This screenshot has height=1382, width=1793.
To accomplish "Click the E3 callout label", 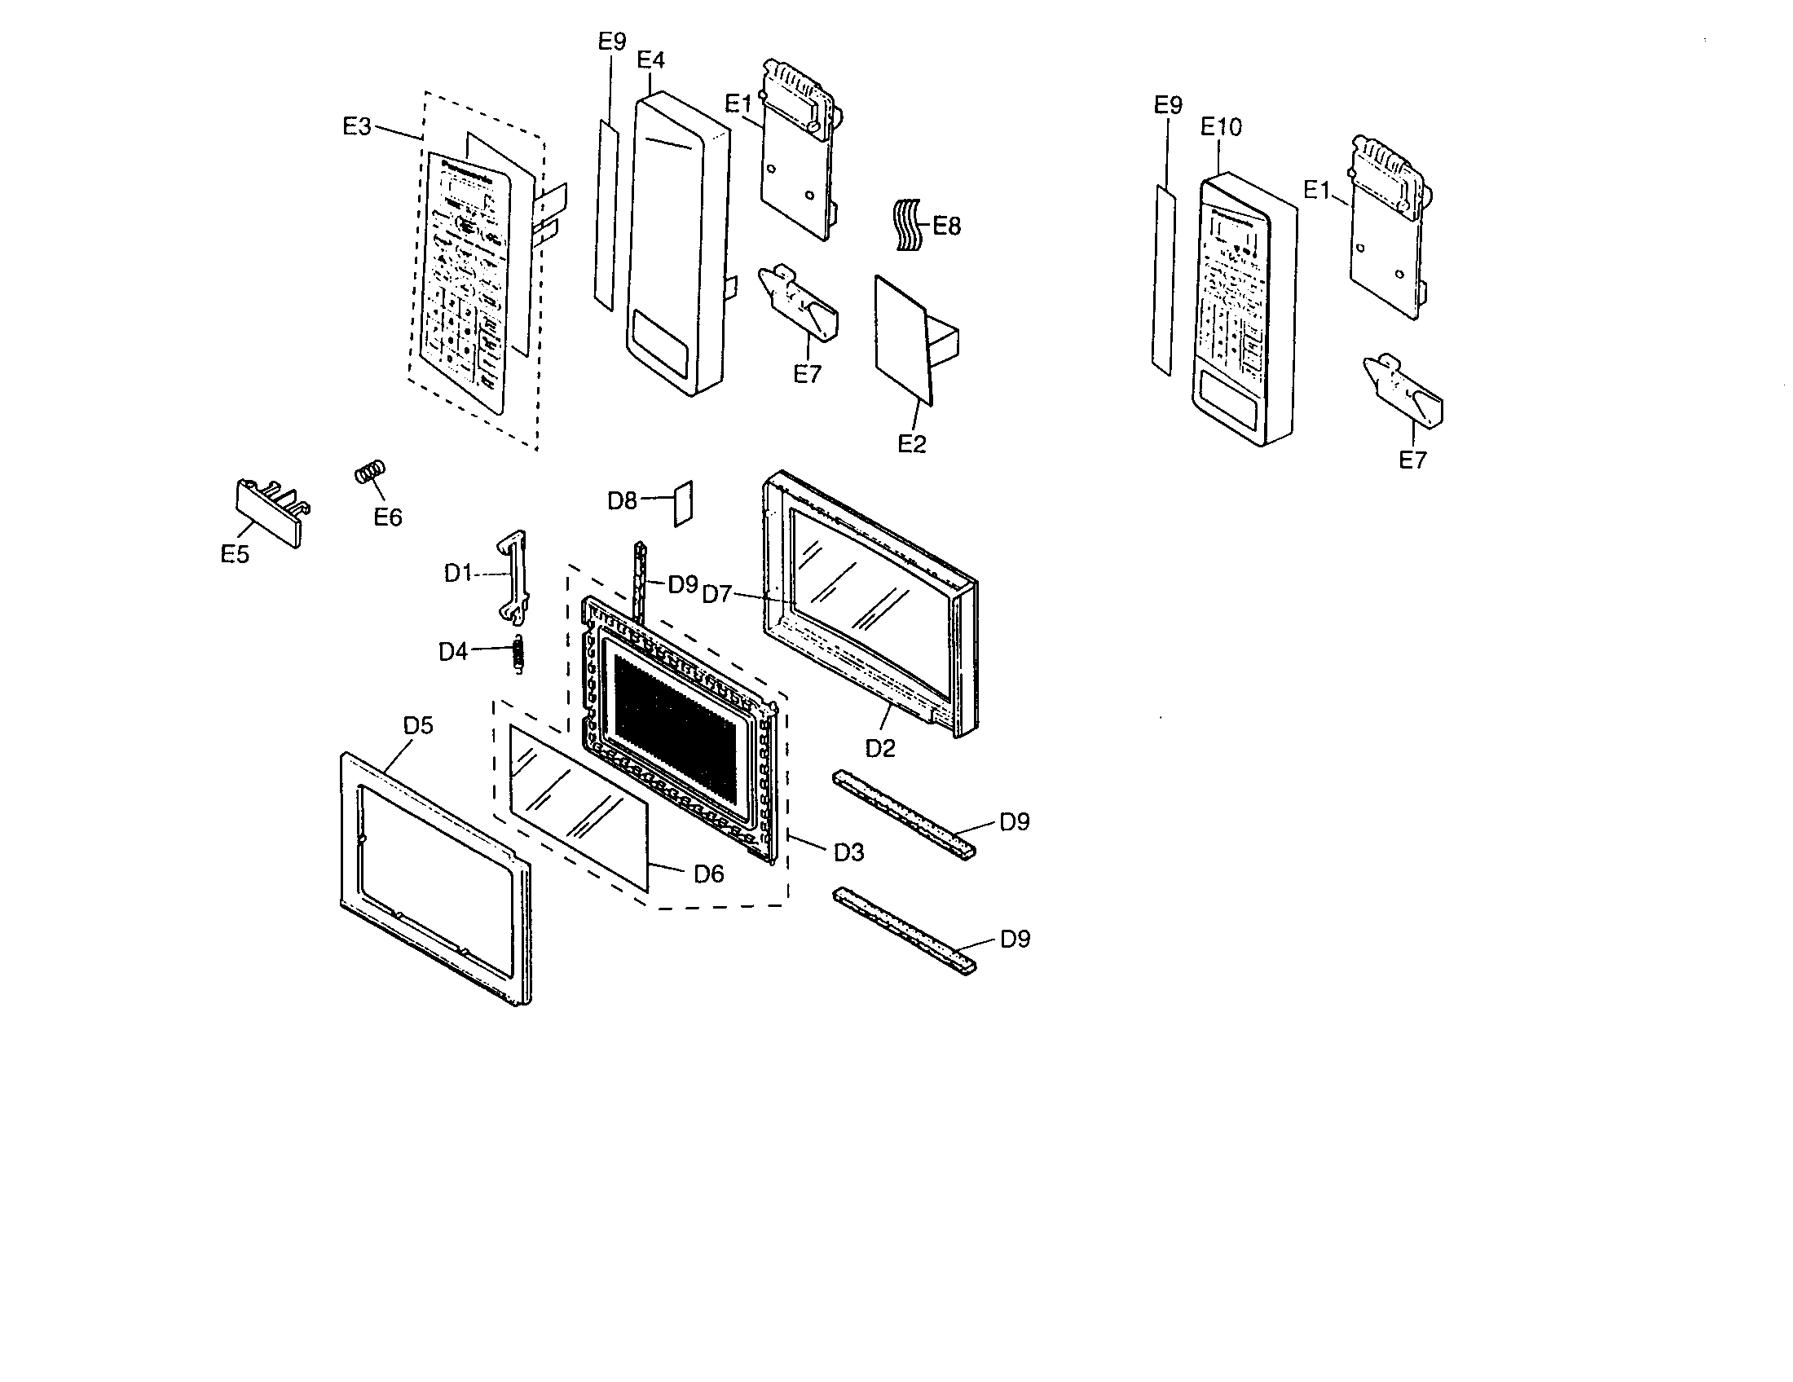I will click(x=356, y=127).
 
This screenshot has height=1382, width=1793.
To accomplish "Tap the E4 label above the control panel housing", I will click(x=650, y=60).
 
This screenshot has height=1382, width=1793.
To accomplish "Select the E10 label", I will click(x=1221, y=127).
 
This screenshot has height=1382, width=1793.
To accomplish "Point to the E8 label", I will click(x=946, y=227).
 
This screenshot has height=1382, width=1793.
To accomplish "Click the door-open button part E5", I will click(x=267, y=513).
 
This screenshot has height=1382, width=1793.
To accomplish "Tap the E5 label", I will click(x=235, y=555).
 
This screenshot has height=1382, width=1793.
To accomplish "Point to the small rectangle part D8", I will click(x=683, y=503).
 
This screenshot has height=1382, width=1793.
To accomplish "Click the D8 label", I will click(x=622, y=500).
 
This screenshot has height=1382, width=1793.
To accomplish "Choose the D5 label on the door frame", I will click(x=418, y=725).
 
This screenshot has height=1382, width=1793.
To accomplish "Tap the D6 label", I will click(x=708, y=875).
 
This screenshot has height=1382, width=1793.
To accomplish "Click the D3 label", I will click(x=849, y=852).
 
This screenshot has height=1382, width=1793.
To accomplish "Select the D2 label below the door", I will click(x=880, y=748).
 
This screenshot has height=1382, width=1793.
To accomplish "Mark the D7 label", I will click(x=716, y=594).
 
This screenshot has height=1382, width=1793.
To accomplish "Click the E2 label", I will click(x=911, y=444).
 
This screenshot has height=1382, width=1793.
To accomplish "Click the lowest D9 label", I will click(x=1015, y=939).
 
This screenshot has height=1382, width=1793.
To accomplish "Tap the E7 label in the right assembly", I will click(x=1412, y=460).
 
